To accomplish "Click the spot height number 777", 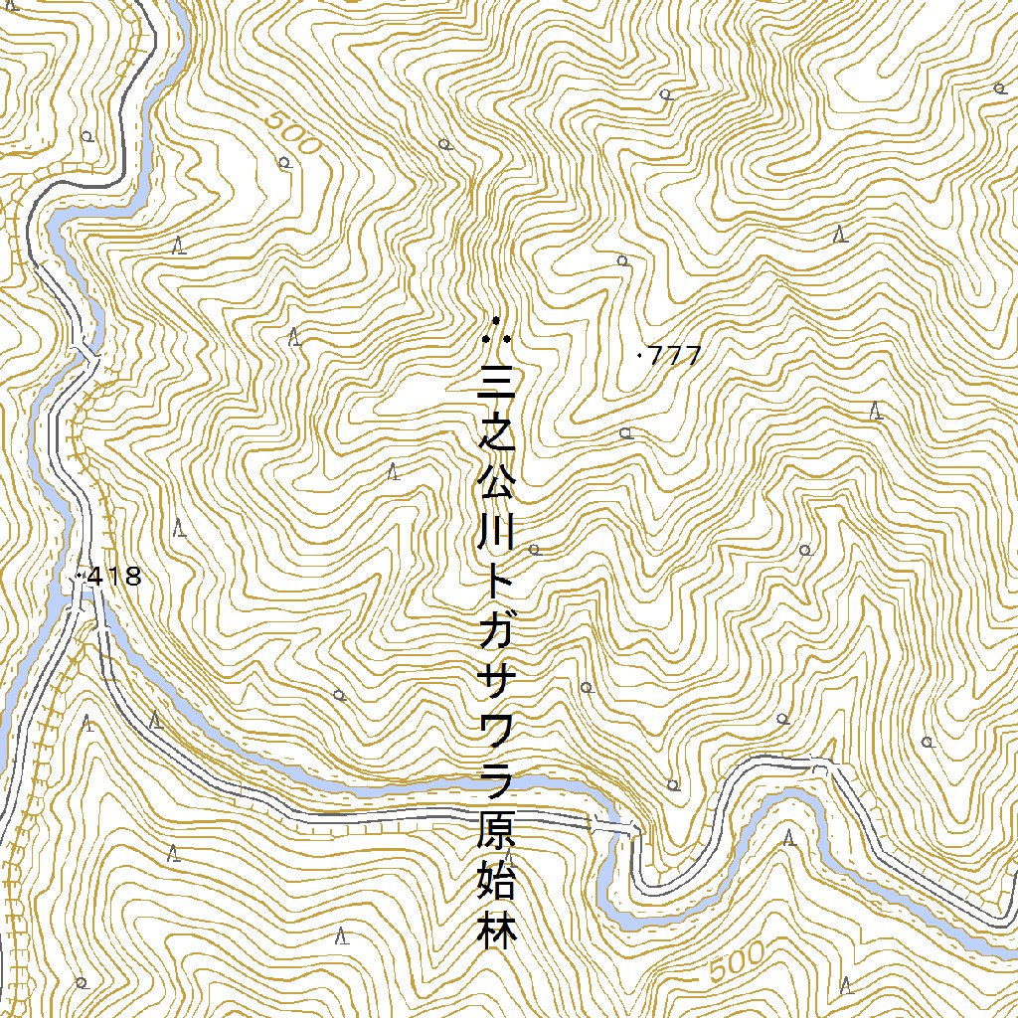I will (675, 355).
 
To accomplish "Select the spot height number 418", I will (115, 576).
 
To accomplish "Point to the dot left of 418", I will (79, 576).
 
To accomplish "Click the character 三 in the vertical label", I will (495, 383).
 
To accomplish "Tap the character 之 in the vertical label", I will (495, 434).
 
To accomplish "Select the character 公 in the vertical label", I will (495, 486).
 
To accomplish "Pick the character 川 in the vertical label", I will (495, 538).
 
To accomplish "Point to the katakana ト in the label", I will (495, 589).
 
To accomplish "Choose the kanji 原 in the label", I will (495, 835).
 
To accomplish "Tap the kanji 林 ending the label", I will (495, 934).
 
